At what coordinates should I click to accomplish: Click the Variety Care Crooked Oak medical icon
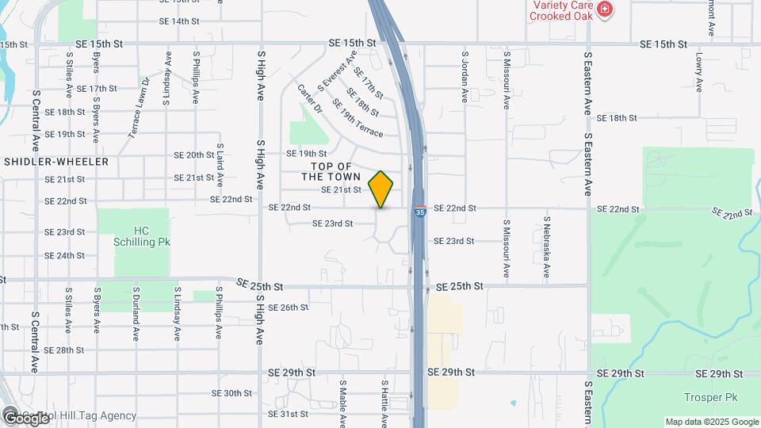(x=605, y=10)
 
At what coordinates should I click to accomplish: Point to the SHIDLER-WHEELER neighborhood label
(x=55, y=161)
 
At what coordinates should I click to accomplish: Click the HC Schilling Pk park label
(x=141, y=236)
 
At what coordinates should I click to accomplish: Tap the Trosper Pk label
(x=704, y=396)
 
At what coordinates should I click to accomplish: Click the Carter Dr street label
(x=310, y=97)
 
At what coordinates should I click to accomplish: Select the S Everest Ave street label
(x=337, y=71)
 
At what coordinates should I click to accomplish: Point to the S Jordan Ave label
(x=465, y=78)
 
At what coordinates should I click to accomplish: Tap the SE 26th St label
(x=288, y=308)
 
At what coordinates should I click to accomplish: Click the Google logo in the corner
(x=25, y=418)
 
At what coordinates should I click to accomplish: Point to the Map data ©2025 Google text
(x=712, y=422)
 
